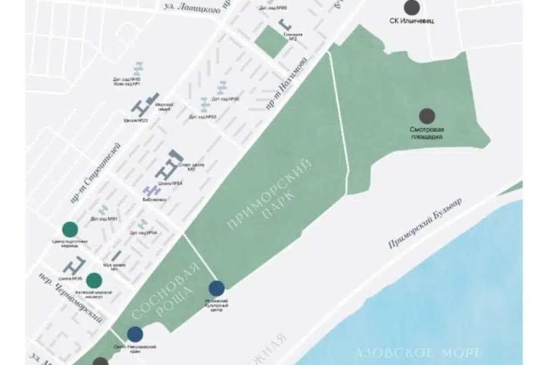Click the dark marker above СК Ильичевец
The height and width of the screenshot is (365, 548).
click(x=412, y=7)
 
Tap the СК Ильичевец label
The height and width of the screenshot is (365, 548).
click(x=412, y=26)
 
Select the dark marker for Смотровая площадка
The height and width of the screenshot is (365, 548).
click(x=427, y=116)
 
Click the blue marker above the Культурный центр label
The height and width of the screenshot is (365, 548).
click(x=216, y=289)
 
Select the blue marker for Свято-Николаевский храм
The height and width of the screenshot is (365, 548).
click(x=135, y=334)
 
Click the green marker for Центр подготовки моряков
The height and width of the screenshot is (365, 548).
click(x=70, y=229)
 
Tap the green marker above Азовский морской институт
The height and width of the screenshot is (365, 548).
click(x=94, y=280)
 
